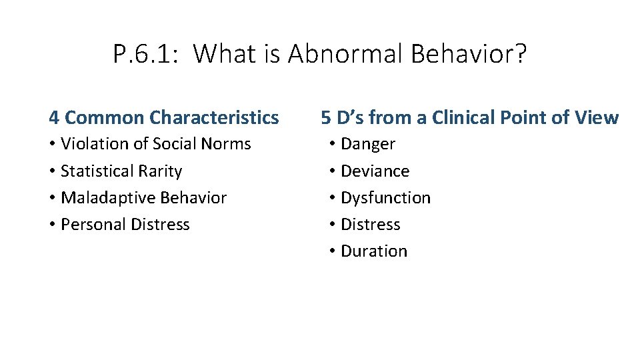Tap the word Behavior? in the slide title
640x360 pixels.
point(468,54)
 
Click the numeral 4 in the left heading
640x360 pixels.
point(54,118)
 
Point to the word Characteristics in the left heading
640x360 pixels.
point(214,118)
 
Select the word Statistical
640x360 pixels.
point(94,171)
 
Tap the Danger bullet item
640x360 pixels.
point(368,144)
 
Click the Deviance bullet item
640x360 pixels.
point(375,171)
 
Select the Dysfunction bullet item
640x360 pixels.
point(385,198)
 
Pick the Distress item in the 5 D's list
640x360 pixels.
point(370,225)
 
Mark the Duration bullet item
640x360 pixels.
point(373,251)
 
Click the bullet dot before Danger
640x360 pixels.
point(332,145)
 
